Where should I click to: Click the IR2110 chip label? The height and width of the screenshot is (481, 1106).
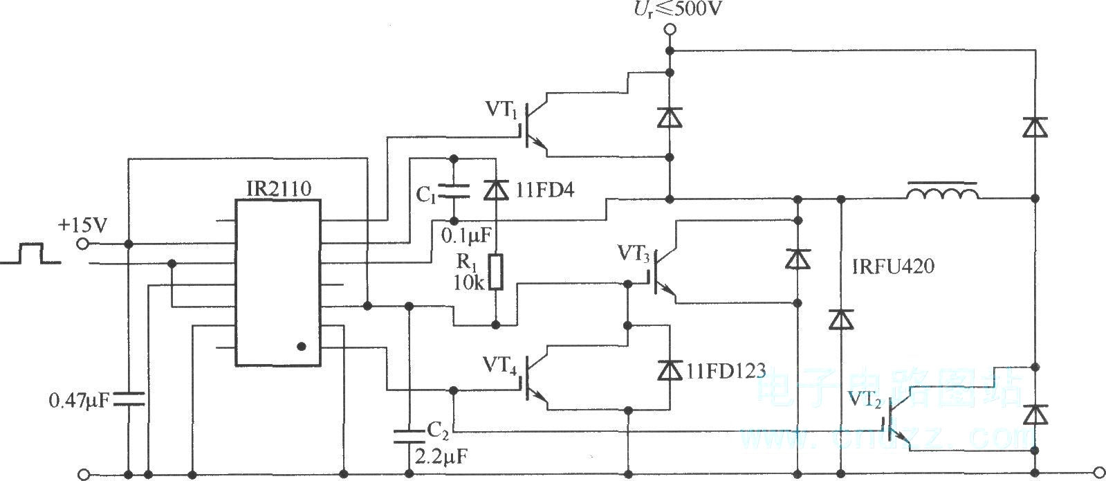point(279,189)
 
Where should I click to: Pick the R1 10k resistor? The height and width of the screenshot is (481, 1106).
point(496,272)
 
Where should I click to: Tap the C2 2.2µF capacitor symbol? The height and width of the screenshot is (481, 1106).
point(409,437)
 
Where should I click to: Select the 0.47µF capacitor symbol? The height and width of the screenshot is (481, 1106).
point(129,399)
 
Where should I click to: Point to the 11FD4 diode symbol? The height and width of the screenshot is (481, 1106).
point(496,190)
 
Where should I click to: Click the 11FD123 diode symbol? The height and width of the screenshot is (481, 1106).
point(670,370)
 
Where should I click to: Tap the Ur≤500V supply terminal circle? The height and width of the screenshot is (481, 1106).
point(670,30)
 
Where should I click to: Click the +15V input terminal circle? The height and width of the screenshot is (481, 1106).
point(83,244)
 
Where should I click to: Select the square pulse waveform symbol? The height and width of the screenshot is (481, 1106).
point(30,253)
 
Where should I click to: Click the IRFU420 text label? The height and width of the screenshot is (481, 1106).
point(893,266)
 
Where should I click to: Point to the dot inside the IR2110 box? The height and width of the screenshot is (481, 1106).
point(301,347)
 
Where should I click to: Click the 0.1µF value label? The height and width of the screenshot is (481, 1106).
point(466,236)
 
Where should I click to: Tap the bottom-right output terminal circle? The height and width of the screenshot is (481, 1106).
point(1100,475)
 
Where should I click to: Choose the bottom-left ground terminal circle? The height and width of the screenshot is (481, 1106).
point(83,475)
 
